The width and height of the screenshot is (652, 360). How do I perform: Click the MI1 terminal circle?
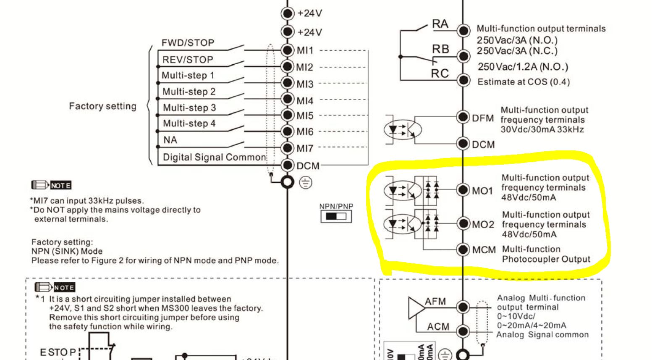click(287, 50)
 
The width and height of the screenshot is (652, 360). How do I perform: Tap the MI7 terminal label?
click(305, 149)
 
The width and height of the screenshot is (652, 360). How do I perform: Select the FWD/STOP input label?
click(188, 43)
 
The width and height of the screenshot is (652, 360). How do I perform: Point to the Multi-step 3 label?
click(189, 108)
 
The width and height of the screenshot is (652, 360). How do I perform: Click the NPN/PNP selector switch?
click(336, 216)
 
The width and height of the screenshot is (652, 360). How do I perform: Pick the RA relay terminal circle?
click(463, 30)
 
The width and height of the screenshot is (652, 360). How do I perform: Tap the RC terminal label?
click(440, 74)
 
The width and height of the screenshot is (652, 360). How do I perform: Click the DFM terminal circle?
click(463, 117)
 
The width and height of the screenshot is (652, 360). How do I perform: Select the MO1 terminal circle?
click(463, 190)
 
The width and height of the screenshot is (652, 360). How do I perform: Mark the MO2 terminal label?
click(483, 225)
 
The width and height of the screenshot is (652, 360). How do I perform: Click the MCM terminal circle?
click(463, 250)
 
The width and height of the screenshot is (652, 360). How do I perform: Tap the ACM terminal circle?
click(463, 331)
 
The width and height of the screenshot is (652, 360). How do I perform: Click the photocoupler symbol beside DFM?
click(403, 129)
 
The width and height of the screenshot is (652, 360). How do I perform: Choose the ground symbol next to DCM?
click(306, 183)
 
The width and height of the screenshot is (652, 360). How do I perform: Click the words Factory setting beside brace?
click(102, 106)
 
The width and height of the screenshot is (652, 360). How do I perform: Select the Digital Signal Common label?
click(214, 158)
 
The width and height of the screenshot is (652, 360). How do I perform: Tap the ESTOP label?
click(58, 352)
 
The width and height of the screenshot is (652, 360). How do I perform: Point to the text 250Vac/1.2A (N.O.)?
click(523, 67)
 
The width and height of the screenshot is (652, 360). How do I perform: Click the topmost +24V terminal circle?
click(287, 13)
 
